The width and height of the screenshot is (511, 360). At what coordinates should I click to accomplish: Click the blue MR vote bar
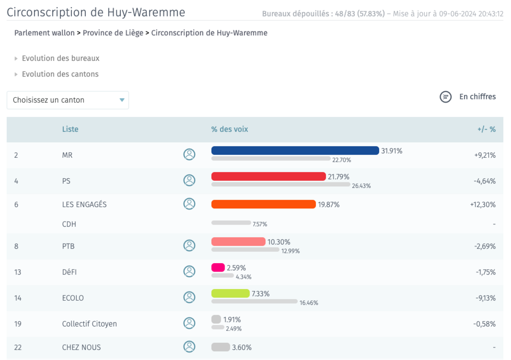click(x=295, y=150)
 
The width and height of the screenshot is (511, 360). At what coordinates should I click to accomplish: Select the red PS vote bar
click(x=268, y=176)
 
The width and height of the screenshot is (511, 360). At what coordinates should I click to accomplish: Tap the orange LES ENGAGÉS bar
click(x=263, y=204)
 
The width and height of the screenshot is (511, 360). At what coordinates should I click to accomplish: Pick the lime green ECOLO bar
click(x=231, y=293)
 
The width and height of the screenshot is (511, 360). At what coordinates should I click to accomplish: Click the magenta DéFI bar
click(x=218, y=268)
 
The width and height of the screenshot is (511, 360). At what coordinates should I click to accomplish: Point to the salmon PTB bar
click(x=238, y=242)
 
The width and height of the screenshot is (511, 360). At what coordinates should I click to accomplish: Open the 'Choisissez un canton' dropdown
click(x=68, y=100)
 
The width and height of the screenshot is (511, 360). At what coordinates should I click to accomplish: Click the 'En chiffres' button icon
click(x=446, y=97)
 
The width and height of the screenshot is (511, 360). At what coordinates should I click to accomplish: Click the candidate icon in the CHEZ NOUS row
click(x=189, y=347)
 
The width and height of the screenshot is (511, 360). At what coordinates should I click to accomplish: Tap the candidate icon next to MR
click(x=189, y=154)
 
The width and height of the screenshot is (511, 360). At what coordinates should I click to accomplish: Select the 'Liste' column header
click(x=70, y=129)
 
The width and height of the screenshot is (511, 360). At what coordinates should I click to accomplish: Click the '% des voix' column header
click(x=230, y=129)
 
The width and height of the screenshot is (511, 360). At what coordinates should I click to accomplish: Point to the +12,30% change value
click(x=483, y=204)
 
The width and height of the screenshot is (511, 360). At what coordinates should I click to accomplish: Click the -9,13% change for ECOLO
click(x=486, y=298)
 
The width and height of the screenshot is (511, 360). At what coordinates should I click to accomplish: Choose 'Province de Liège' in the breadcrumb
click(x=113, y=33)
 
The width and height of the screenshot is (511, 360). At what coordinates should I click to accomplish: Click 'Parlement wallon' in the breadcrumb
click(x=44, y=33)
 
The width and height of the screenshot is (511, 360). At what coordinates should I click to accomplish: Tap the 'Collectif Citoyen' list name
click(x=89, y=324)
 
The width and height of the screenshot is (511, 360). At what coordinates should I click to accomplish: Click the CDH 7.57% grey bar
click(x=231, y=223)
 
